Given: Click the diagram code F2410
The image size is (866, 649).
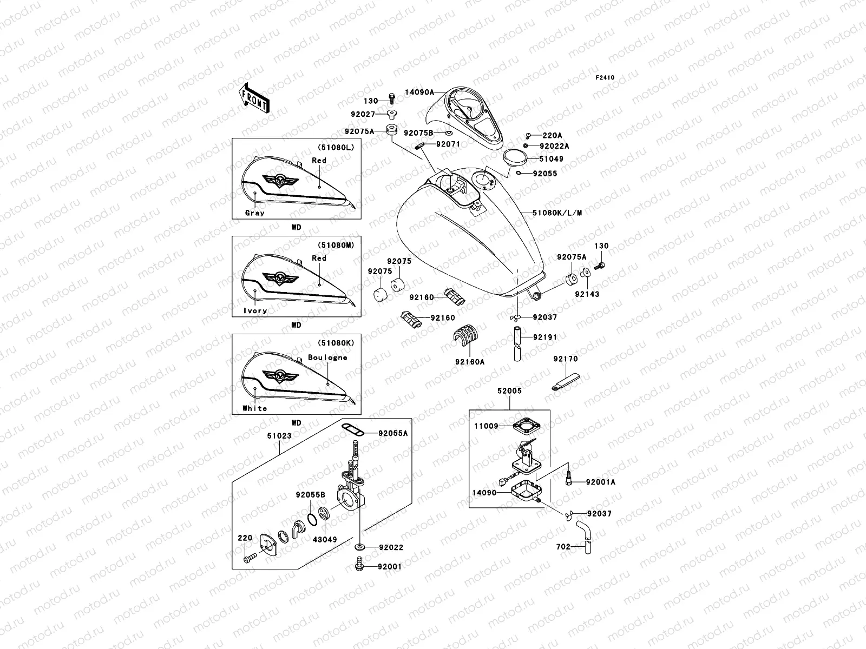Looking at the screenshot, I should [605, 78].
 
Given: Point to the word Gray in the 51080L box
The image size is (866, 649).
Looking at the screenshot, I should [254, 213].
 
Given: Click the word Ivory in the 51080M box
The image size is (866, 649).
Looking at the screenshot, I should [255, 311].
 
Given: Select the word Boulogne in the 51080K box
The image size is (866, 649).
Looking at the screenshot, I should [327, 357].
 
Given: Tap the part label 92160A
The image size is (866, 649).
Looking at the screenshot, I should [469, 362].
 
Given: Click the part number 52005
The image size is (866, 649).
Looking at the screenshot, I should [509, 390].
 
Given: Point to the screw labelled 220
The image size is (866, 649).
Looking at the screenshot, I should [248, 558].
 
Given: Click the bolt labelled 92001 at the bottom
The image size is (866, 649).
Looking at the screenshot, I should [358, 566].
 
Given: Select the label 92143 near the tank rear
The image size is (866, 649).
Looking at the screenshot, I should [587, 295].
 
